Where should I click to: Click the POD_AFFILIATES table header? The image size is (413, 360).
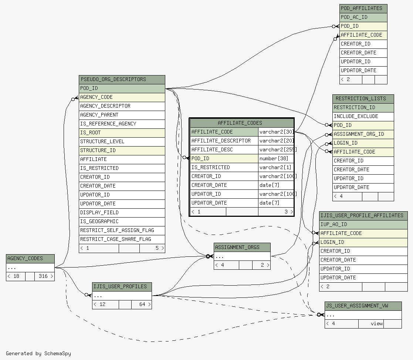(363, 9)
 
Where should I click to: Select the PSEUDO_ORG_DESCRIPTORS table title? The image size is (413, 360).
(122, 80)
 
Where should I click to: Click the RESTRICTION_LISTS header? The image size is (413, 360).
(363, 99)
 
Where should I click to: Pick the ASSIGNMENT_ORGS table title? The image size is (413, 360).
(242, 248)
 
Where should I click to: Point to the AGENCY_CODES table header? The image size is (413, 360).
(30, 259)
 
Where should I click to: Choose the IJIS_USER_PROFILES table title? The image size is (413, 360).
(122, 287)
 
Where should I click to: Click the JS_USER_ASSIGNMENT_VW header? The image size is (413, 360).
(363, 306)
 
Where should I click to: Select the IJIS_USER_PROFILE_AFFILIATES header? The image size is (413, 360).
(363, 216)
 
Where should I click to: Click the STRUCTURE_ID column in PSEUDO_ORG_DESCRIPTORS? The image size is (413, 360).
(122, 151)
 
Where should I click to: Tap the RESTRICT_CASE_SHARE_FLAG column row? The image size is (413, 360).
(122, 239)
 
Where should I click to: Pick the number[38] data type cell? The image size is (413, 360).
(276, 159)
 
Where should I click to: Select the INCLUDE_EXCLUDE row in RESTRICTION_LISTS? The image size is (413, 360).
(363, 117)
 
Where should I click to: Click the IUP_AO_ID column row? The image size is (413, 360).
(363, 225)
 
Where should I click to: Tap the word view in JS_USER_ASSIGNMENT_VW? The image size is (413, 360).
(377, 324)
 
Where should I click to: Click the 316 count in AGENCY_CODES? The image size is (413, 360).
(43, 276)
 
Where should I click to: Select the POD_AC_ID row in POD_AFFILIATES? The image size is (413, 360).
(363, 17)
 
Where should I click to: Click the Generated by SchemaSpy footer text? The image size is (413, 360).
(38, 354)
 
